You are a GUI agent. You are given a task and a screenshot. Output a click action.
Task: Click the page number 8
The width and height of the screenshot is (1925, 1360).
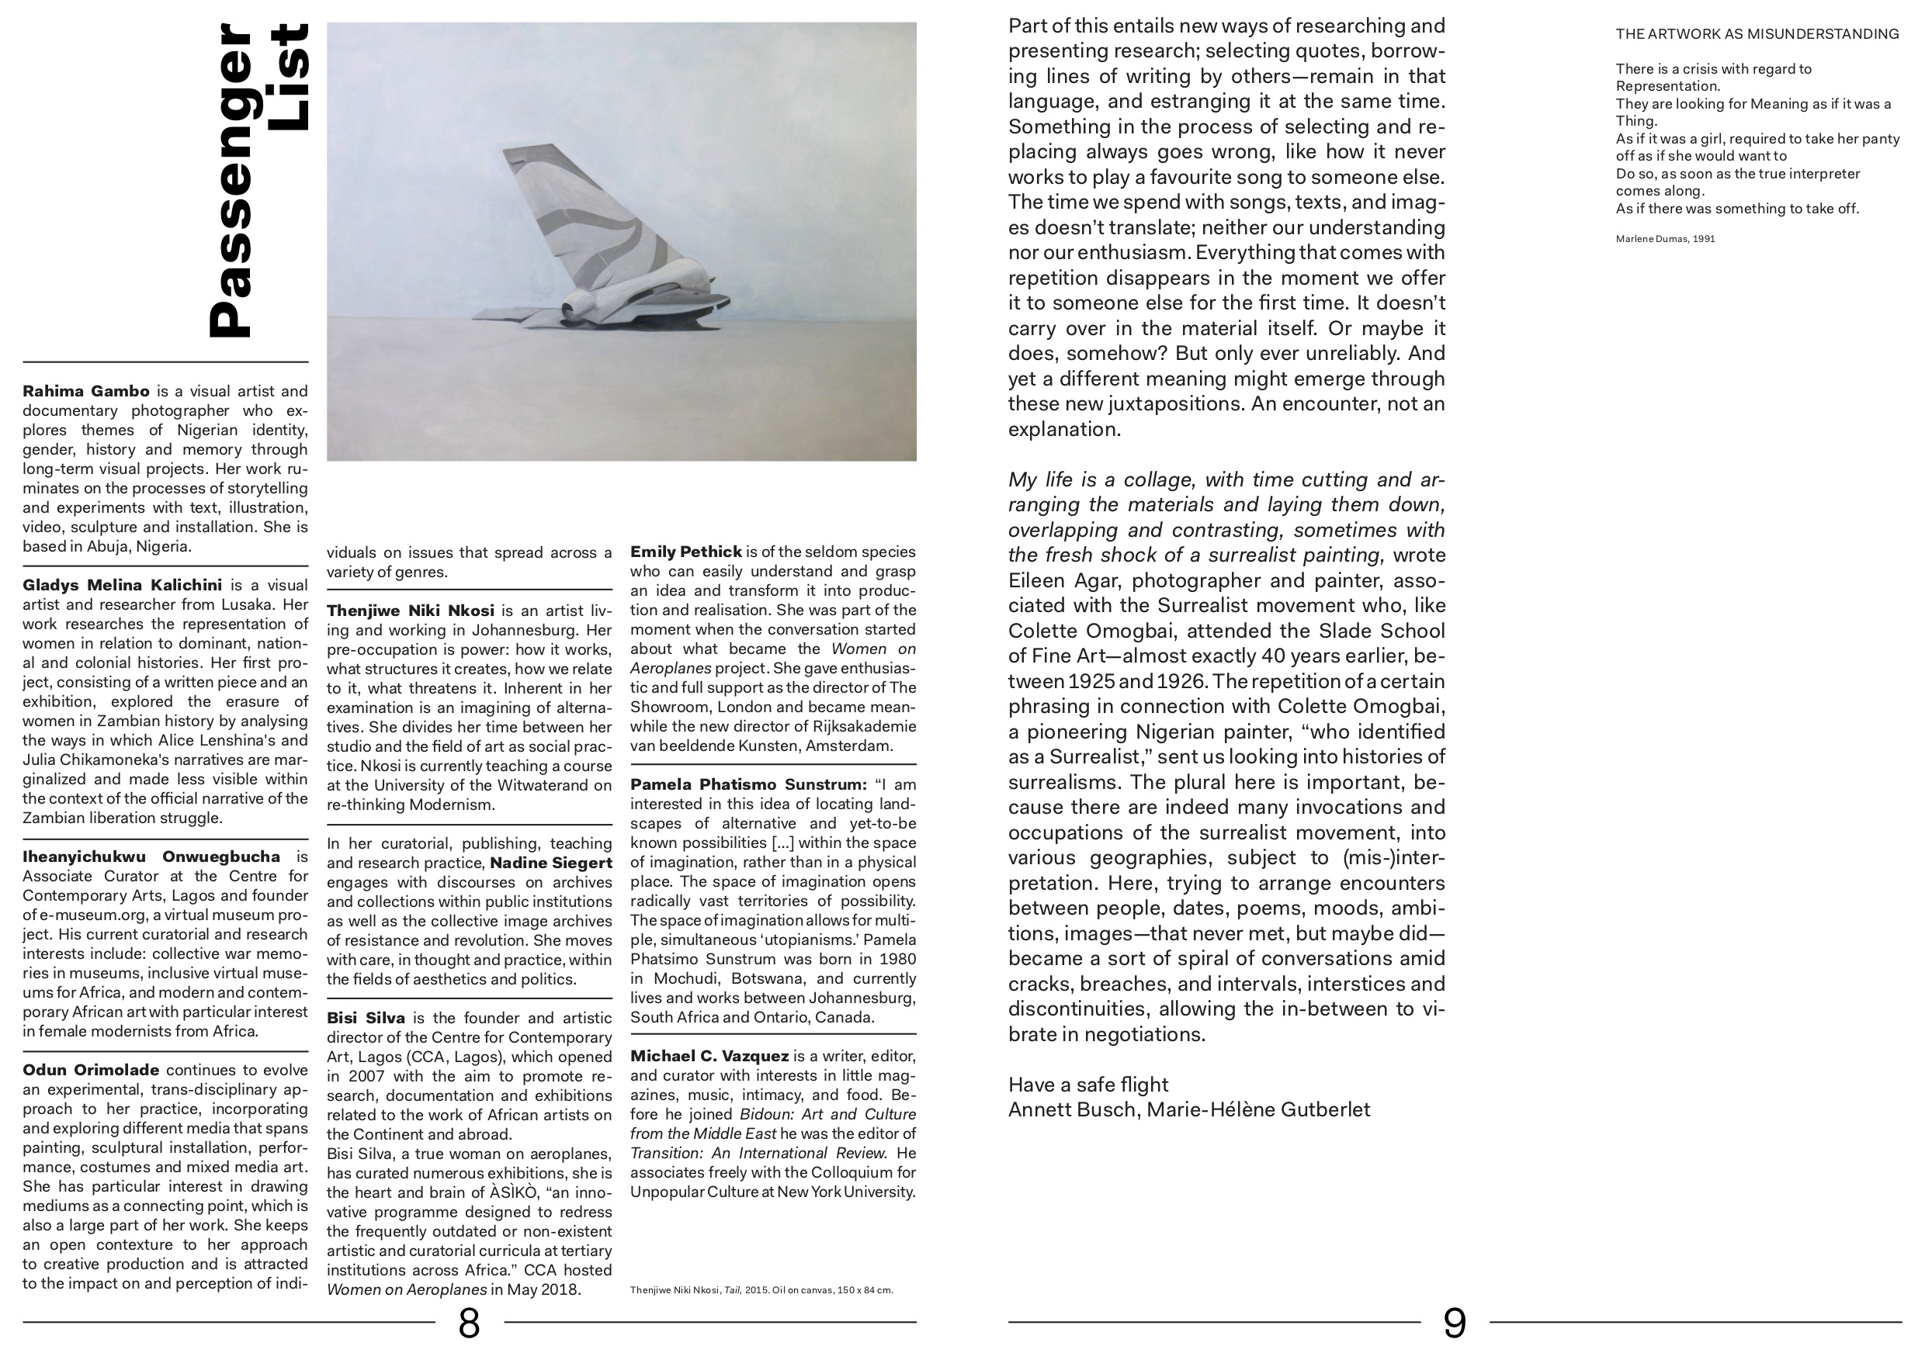pos(469,1323)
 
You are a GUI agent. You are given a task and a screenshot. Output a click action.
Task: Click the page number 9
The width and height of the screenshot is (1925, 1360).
pos(1455,1323)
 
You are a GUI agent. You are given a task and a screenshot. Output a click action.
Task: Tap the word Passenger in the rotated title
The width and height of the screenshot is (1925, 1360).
pos(230,180)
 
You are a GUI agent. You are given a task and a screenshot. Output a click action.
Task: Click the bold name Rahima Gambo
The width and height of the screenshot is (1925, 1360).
pos(86,391)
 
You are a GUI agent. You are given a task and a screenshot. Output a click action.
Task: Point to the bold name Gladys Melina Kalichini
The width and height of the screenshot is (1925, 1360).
pos(123,585)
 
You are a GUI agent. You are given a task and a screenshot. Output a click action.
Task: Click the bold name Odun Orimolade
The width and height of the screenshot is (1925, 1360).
pos(91,1070)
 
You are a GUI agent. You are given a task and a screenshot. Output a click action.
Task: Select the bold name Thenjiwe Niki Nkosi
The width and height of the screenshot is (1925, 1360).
pos(410,611)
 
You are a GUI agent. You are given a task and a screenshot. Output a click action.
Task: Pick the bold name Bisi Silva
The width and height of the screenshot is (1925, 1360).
pos(366,1018)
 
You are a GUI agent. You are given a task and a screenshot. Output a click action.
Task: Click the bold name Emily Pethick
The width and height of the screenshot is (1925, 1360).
pos(686,552)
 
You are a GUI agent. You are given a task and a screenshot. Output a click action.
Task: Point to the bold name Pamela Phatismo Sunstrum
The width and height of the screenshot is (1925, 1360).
pos(747,785)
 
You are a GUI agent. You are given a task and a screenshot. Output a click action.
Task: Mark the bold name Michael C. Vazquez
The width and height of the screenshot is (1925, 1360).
pos(709,1056)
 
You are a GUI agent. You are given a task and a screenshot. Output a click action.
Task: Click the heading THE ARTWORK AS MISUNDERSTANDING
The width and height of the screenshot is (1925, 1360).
pos(1757,34)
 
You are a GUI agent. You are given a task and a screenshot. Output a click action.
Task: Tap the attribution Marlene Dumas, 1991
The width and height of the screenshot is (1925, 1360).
pos(1665,239)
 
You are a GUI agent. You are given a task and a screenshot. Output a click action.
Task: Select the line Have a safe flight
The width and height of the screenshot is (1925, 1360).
pos(1087,1085)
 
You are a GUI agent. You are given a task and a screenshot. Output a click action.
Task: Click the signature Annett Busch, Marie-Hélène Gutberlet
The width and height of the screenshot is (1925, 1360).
pos(1189,1109)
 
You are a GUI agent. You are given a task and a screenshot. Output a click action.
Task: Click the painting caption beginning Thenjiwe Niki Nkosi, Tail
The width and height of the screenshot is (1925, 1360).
pos(761,1289)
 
